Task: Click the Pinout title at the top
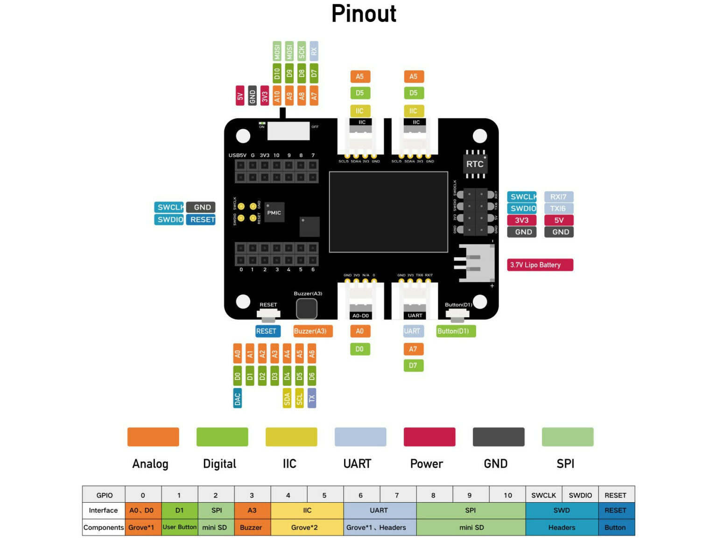364,14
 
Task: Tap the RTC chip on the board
475,164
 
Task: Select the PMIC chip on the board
274,212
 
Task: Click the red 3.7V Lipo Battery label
540,265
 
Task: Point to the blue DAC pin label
238,398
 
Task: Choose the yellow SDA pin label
287,398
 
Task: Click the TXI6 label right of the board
558,209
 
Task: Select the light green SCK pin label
302,51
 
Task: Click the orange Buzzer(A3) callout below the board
313,331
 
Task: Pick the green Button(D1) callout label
456,331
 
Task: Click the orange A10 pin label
277,96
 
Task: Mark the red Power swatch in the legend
429,437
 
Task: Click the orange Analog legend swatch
153,437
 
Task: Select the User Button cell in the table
180,527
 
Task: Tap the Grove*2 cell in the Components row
307,527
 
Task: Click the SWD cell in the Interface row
562,510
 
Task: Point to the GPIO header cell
104,495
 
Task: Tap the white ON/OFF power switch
288,131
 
